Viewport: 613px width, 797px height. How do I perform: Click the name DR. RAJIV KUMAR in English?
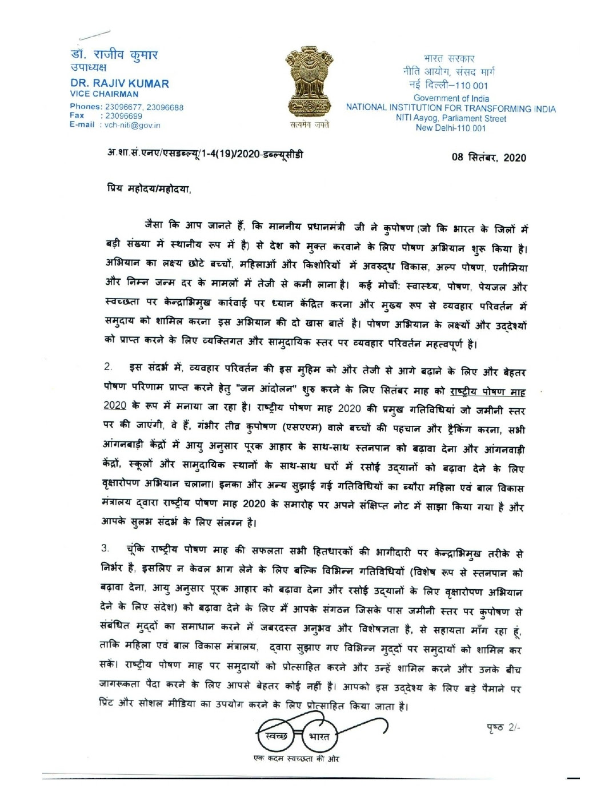pos(119,83)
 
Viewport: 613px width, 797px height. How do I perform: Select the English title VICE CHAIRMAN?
pos(104,94)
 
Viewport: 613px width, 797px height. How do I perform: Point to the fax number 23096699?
pos(124,116)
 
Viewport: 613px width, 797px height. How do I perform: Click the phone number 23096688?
pos(165,107)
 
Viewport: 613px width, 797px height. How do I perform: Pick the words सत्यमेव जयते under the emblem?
pos(309,125)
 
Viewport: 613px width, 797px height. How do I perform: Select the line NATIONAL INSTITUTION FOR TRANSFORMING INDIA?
pos(450,108)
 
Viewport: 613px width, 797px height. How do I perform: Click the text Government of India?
pos(451,98)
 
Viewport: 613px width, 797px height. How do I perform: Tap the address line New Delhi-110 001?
pos(451,128)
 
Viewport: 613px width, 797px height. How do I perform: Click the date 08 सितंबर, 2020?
pos(488,158)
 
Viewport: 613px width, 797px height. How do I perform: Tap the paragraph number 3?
pos(105,548)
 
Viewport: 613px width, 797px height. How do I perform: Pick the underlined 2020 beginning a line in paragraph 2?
pos(115,405)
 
